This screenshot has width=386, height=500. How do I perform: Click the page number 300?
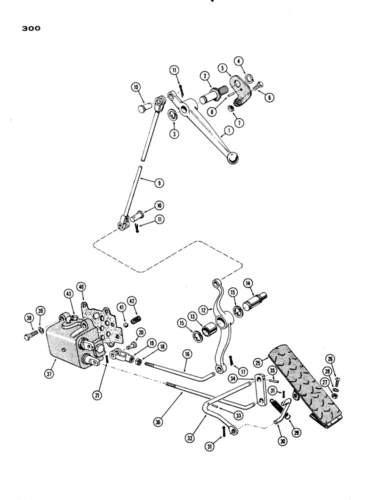coord(30,28)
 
